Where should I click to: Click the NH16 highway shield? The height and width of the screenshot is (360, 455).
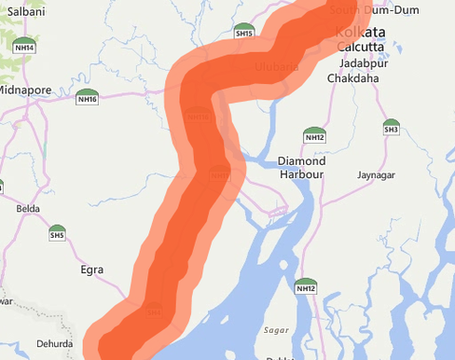pos(88,96)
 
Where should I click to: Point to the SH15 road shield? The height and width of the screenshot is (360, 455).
pos(244,31)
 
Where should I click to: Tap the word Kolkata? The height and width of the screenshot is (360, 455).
pos(359,32)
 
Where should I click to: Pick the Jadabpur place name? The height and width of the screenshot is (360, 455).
pos(364,62)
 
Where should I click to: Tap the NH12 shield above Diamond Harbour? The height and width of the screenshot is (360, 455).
pos(314,134)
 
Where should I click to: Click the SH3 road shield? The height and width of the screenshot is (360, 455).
pos(391,126)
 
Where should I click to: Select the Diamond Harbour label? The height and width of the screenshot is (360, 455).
pos(301,167)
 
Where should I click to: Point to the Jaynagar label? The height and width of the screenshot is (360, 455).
pos(379,174)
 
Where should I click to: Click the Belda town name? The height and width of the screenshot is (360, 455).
pos(28,208)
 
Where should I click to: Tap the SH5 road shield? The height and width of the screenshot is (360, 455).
pos(57,232)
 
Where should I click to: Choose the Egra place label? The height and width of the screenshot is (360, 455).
pos(91,270)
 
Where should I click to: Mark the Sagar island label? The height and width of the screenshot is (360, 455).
pos(277,330)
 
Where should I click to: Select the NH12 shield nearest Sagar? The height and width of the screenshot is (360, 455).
pos(306,286)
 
